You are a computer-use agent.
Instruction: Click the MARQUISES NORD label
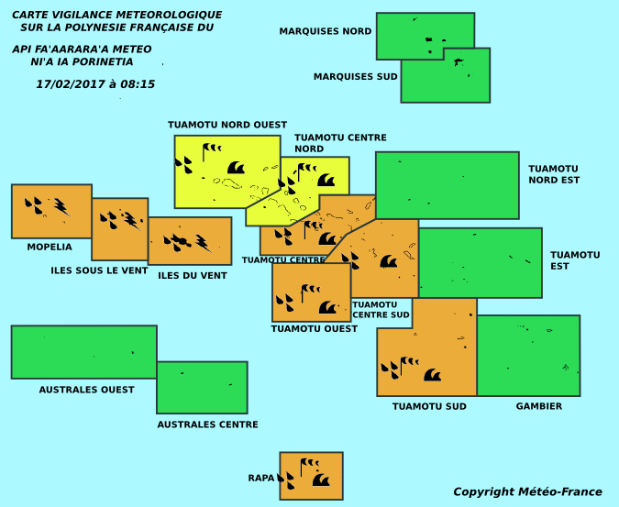pyautogui.click(x=326, y=31)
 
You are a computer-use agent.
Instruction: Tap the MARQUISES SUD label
pyautogui.click(x=355, y=76)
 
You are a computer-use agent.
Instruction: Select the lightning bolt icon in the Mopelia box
pyautogui.click(x=62, y=207)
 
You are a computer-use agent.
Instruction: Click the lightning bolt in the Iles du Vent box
pyautogui.click(x=204, y=244)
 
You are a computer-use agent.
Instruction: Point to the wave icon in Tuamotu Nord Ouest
pyautogui.click(x=236, y=168)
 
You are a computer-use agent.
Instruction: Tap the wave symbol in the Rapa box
pyautogui.click(x=321, y=479)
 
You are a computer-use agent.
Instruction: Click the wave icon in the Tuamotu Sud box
pyautogui.click(x=432, y=375)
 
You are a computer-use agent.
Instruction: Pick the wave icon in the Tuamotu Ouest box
pyautogui.click(x=327, y=307)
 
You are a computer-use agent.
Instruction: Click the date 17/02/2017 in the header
pyautogui.click(x=71, y=84)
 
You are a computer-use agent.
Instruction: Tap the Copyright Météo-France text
pyautogui.click(x=527, y=491)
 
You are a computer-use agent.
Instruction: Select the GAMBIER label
pyautogui.click(x=539, y=406)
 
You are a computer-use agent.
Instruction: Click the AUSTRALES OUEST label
pyautogui.click(x=86, y=390)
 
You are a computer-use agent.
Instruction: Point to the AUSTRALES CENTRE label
pyautogui.click(x=207, y=424)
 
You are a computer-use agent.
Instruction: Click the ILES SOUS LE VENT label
pyautogui.click(x=99, y=270)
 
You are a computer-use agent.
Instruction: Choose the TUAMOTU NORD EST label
pyautogui.click(x=554, y=174)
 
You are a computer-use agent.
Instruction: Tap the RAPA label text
pyautogui.click(x=261, y=478)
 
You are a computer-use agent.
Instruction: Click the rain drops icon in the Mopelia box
pyautogui.click(x=34, y=205)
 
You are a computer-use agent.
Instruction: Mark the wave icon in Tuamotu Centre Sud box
pyautogui.click(x=389, y=261)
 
